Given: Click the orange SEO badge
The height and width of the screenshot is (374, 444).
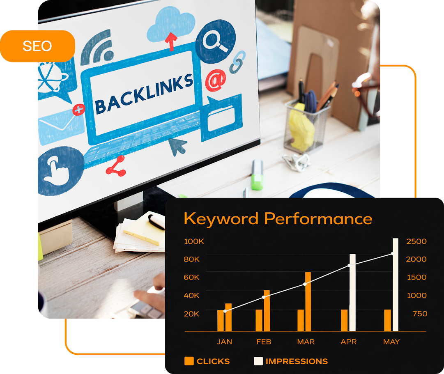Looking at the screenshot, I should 37,46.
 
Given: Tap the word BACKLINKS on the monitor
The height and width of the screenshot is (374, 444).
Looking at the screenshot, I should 143,94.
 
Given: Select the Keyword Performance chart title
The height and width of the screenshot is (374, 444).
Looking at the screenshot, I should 278,218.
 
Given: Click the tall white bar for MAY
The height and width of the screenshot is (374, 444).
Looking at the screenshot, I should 395,284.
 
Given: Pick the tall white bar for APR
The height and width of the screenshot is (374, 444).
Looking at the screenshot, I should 352,292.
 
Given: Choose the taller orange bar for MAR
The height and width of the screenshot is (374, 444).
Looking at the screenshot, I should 308,301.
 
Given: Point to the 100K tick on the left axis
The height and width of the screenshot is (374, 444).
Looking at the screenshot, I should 194,241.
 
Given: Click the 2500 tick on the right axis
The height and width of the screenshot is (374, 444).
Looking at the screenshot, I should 416,241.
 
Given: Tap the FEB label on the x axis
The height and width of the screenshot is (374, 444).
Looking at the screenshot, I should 263,342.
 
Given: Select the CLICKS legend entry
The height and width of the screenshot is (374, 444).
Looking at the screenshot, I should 207,361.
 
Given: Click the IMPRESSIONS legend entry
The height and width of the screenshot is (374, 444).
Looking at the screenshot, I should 291,361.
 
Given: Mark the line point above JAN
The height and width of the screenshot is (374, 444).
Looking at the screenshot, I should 225,311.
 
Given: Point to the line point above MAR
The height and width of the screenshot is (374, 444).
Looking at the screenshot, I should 305,284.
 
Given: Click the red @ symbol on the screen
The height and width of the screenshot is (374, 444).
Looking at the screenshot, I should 215,80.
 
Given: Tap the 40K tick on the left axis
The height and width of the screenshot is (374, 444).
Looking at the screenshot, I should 191,296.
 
